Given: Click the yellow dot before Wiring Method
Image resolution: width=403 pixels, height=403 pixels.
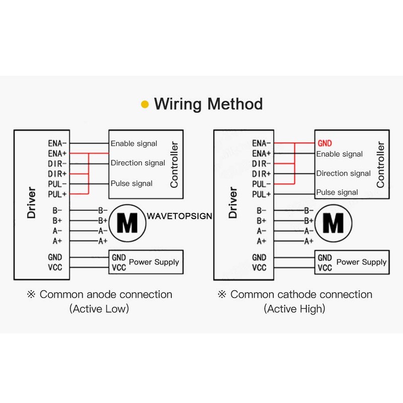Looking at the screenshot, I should pos(145,104).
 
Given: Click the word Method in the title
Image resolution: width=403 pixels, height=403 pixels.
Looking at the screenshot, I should pos(235,104).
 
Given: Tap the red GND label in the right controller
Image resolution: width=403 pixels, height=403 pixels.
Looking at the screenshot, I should pos(325,144).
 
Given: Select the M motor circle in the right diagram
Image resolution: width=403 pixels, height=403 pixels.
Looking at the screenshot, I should pos(332,222).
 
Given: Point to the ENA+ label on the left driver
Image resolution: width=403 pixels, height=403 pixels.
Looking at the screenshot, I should pos(57,153).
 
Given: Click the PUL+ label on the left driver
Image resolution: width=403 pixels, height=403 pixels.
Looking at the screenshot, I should pos(57,194).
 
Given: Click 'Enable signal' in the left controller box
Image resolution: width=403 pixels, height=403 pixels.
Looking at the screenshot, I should pos(134,144).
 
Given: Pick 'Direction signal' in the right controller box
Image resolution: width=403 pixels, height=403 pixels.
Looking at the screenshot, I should pos(344,173).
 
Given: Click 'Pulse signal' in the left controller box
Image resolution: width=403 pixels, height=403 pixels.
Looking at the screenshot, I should pos(131,183).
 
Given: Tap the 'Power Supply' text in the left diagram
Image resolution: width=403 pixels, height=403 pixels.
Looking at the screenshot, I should pos(154,262).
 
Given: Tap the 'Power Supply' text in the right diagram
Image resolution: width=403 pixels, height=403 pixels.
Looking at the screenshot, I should pos(361,262).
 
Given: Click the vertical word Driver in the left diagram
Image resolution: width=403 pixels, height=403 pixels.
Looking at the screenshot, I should pos(32,204).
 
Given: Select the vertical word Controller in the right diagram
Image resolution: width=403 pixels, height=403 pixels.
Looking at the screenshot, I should pos(380,165).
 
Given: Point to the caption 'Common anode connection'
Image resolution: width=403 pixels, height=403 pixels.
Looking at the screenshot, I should pos(106,295).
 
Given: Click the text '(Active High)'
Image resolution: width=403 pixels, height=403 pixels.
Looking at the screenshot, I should pos(295,309).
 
